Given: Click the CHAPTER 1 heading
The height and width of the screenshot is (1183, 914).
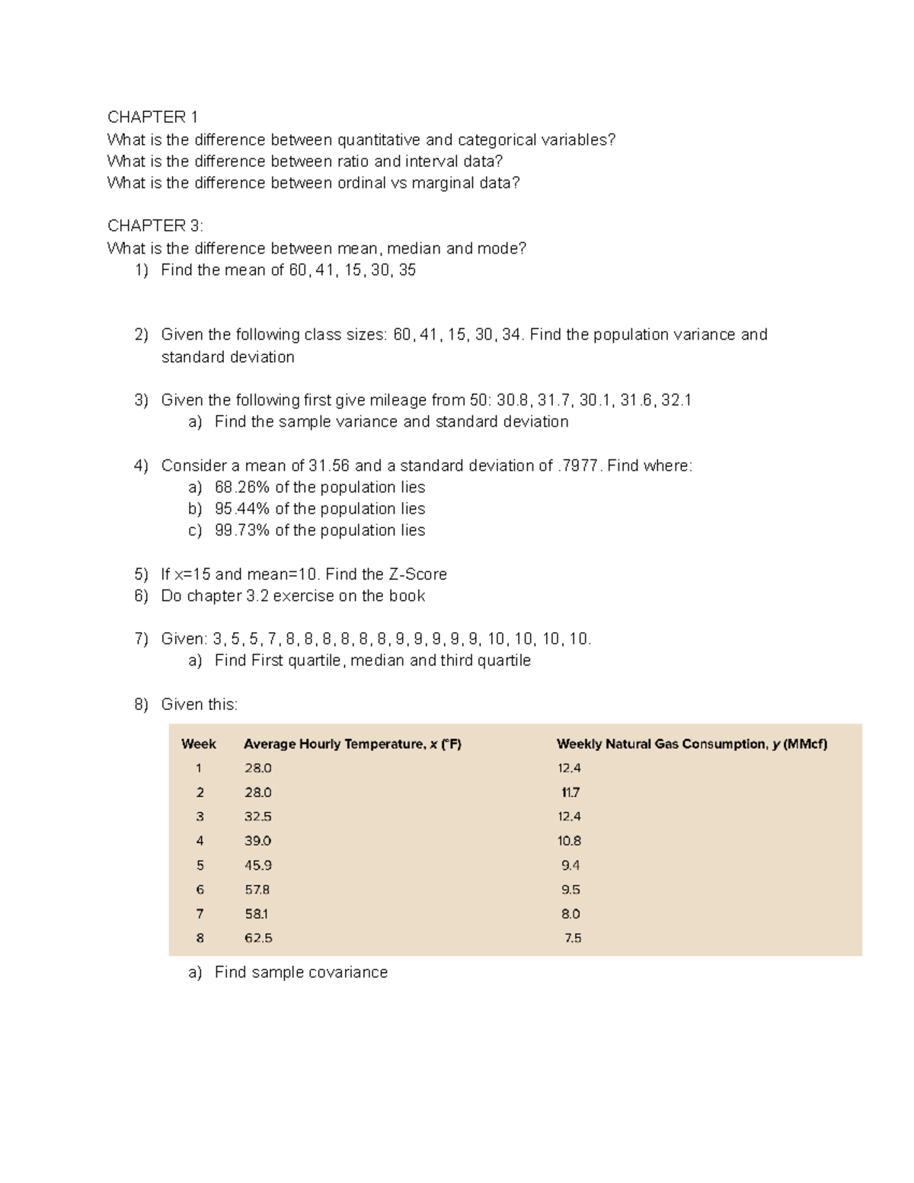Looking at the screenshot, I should pos(152,117).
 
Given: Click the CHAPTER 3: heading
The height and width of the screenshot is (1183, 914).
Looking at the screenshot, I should pos(155,225).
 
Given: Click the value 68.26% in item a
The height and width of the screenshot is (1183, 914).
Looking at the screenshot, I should pos(242,488).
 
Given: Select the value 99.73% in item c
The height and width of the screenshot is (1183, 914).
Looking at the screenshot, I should pos(242,530).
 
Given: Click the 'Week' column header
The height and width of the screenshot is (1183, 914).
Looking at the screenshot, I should pos(199,744).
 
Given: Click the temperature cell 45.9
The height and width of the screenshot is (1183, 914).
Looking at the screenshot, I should pos(257,865).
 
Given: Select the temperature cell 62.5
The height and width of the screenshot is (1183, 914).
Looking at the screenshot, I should pos(257,938).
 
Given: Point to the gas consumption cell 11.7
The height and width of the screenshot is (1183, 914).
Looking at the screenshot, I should pos(570,792).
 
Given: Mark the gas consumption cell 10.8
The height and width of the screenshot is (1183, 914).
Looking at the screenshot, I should pos(569,841).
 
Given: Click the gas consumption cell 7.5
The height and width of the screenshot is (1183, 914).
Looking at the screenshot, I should pos(573,938).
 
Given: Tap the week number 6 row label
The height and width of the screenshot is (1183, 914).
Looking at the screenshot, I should pos(200,890).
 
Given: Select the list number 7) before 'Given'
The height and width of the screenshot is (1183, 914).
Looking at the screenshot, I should pos(141,639).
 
